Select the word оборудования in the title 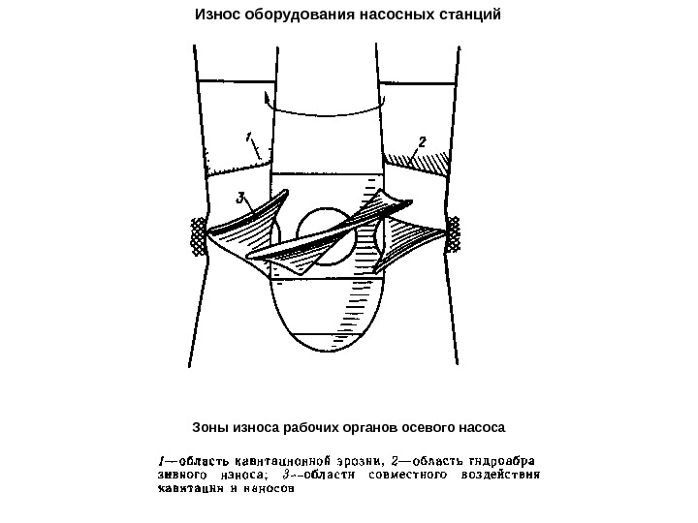[296, 15]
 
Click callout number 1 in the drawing [248, 137]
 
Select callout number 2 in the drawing [422, 141]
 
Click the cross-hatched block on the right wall [452, 232]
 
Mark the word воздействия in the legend [498, 475]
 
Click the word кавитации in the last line [189, 489]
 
